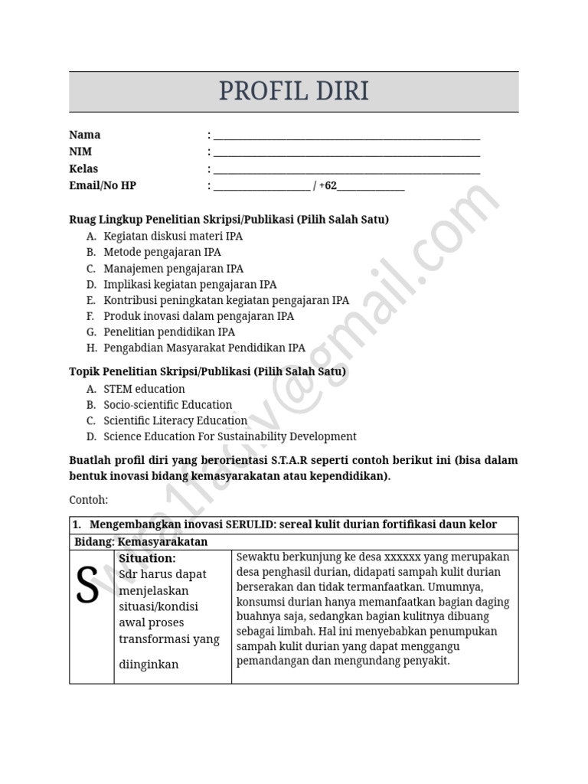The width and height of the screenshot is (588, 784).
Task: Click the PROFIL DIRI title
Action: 293,91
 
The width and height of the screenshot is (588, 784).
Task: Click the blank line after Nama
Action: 346,136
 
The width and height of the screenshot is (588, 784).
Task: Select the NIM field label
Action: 80,152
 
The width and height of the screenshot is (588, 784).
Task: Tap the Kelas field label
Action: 83,168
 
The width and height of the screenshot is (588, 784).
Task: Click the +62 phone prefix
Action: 328,186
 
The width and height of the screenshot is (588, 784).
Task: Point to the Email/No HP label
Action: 103,185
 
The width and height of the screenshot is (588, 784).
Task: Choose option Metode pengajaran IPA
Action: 162,252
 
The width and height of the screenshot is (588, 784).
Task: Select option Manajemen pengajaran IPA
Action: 173,268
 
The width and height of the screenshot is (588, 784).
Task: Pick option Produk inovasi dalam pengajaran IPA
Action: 198,315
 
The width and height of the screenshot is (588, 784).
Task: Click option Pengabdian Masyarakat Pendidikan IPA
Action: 204,348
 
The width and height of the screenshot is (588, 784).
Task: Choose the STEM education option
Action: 144,389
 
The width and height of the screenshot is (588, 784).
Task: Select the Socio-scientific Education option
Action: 168,405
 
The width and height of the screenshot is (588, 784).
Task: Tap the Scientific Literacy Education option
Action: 175,420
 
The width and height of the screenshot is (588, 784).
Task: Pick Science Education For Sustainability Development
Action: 230,436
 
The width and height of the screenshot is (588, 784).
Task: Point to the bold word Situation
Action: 147,558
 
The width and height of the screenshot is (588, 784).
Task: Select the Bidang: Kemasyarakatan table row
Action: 141,542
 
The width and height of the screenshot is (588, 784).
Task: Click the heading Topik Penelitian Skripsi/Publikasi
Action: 207,371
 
